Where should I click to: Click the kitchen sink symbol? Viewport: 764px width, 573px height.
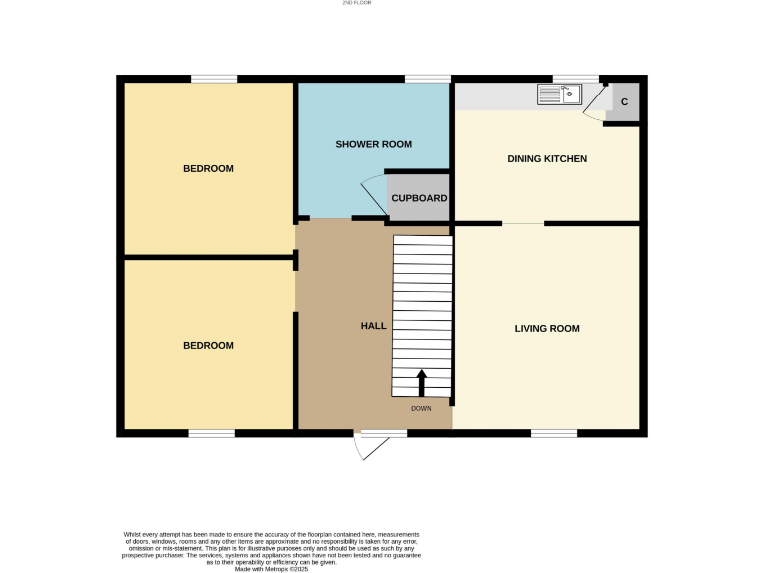coord(559,95)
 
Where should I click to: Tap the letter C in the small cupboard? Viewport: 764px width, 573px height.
coord(624,102)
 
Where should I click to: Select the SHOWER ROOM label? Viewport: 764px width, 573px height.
coord(373,145)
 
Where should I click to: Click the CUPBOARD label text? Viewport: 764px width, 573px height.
coord(419,198)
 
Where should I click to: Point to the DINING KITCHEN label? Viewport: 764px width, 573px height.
coord(547,159)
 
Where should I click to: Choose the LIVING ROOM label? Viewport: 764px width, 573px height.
coord(547,329)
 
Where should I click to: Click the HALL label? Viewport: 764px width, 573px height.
coord(373,326)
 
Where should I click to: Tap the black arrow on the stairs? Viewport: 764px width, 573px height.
coord(421,382)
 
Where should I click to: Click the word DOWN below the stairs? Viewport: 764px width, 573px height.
coord(421,408)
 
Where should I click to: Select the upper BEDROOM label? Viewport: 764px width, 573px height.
coord(208,169)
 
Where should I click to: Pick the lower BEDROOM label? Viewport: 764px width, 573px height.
coord(208,346)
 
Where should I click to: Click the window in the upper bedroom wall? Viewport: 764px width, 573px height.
coord(214,79)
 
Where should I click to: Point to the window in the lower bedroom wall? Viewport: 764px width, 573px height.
coord(212,433)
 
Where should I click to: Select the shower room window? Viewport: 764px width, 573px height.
coord(427,79)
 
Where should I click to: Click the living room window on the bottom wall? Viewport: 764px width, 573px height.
coord(554,433)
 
